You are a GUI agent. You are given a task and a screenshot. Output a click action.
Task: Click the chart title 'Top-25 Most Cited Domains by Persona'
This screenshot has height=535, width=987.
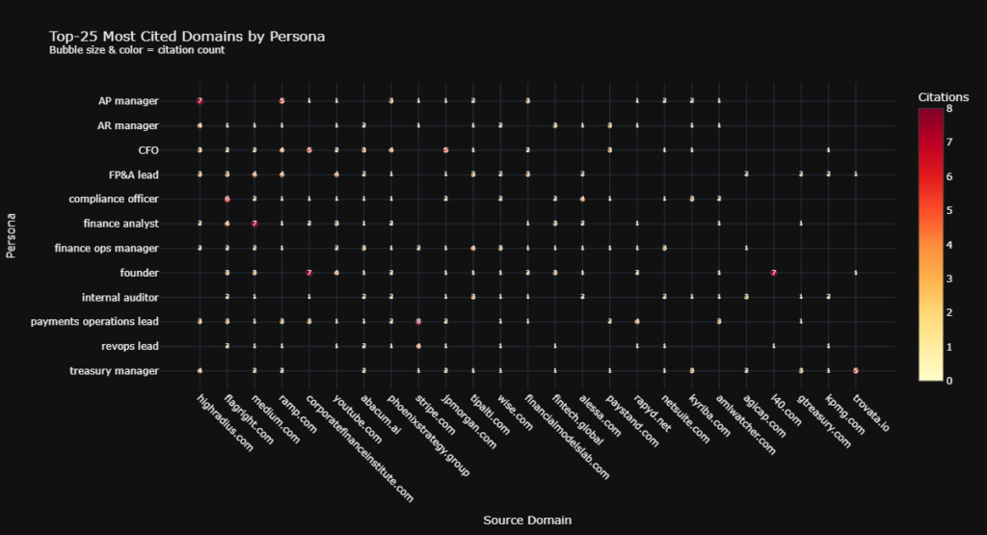coord(187,37)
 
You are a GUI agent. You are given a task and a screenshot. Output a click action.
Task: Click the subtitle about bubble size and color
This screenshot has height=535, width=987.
coord(137,50)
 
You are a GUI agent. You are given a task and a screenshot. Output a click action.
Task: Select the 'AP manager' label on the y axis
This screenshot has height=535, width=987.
coord(128,100)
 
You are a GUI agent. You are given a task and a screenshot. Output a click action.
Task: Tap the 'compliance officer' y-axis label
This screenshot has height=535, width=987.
coord(114,199)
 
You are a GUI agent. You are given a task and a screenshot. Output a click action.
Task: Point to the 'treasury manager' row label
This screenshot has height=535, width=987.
coord(115,370)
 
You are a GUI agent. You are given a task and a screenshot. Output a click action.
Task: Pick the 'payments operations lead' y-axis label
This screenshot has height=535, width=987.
coord(94,321)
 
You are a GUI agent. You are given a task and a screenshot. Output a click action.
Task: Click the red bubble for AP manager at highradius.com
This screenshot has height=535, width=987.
coord(200,100)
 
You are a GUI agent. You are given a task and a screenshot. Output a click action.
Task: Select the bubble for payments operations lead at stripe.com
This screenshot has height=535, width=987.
coord(418,321)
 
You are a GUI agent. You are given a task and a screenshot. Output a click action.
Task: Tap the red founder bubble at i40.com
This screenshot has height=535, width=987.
coord(774,273)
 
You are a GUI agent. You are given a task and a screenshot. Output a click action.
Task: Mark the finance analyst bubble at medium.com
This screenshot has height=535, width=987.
coord(254,224)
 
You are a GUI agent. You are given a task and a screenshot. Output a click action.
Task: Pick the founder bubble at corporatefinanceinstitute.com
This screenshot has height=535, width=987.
coord(309,273)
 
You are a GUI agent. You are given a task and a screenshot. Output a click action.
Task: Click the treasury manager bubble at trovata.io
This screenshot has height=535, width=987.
coord(856,370)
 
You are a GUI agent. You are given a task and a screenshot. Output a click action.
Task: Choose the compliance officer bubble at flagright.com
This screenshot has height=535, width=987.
coord(227,199)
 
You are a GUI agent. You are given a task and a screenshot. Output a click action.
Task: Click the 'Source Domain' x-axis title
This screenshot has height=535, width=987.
coord(527,520)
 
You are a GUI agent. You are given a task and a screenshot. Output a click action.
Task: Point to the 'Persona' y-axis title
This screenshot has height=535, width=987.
coord(12,235)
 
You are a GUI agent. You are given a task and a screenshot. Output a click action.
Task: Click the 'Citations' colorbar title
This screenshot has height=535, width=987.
coord(944,96)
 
